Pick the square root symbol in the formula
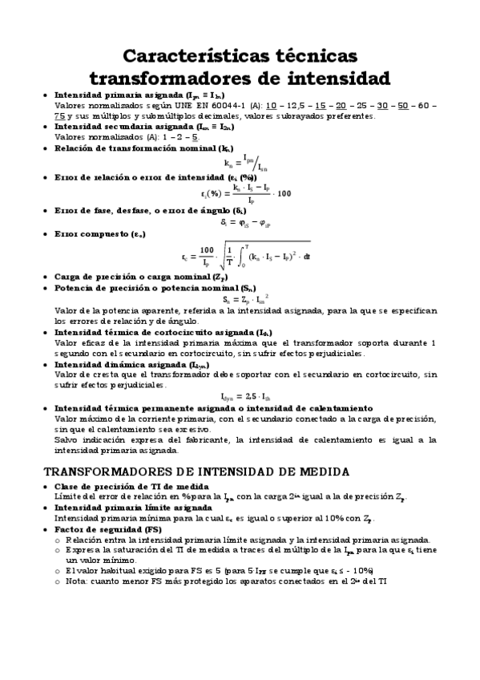(226, 257)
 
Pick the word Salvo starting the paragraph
(68, 439)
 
